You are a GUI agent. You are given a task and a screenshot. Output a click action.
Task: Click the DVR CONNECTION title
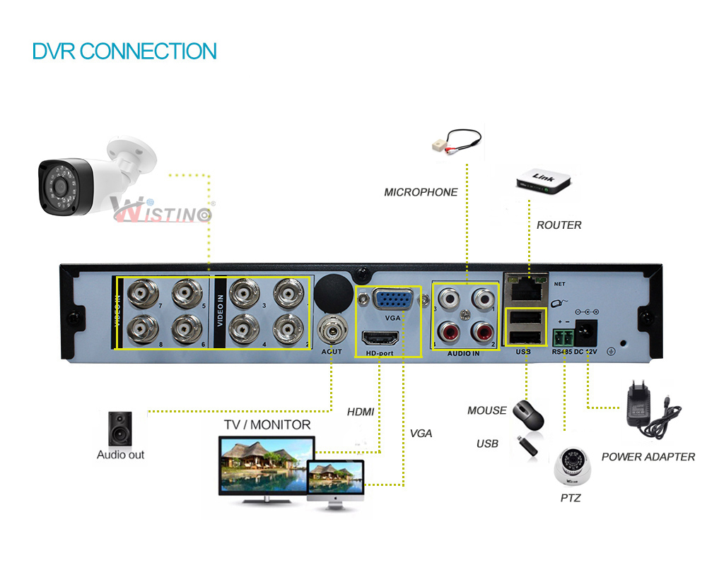pyautogui.click(x=124, y=51)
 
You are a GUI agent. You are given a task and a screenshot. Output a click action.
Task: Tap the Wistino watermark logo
pyautogui.click(x=161, y=210)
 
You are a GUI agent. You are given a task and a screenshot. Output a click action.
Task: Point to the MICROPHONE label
pyautogui.click(x=421, y=192)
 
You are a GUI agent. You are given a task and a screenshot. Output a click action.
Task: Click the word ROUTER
pyautogui.click(x=559, y=225)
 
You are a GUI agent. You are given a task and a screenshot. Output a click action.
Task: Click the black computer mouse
pyautogui.click(x=529, y=414)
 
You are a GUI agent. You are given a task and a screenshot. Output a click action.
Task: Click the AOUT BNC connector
pyautogui.click(x=332, y=329)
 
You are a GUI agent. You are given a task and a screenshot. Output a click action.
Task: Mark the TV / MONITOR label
pyautogui.click(x=267, y=424)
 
